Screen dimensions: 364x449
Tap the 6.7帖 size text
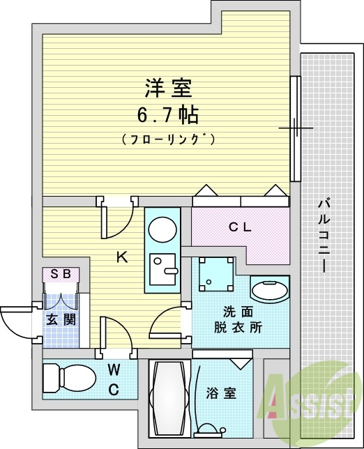(168, 115)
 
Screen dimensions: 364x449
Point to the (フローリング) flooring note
(168, 139)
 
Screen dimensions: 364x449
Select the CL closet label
(240, 228)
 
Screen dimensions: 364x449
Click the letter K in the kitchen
(122, 257)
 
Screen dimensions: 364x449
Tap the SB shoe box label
(61, 274)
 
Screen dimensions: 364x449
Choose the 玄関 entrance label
(61, 319)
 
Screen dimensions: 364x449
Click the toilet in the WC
(69, 379)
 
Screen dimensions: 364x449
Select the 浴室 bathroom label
(221, 393)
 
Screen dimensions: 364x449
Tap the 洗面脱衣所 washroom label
(238, 320)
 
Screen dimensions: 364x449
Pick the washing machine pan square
(216, 274)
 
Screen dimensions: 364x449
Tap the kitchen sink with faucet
(162, 269)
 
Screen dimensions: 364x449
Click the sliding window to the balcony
(295, 128)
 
